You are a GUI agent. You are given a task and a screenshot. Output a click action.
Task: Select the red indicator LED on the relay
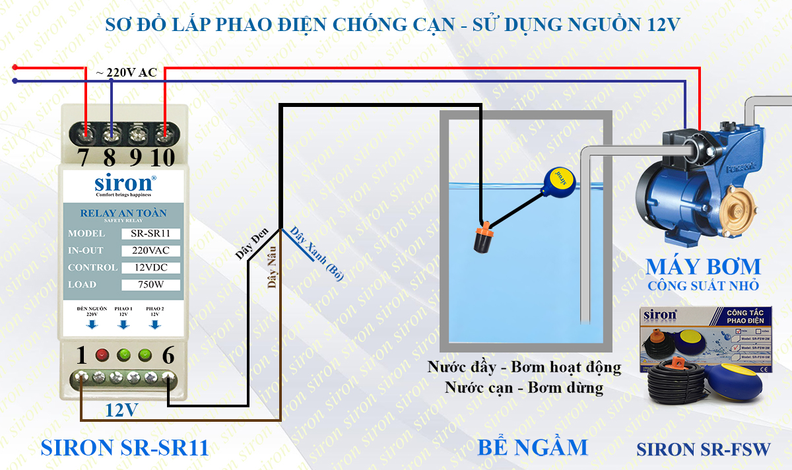pos(102,356)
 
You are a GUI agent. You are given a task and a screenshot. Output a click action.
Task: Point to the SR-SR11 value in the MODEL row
pos(150,234)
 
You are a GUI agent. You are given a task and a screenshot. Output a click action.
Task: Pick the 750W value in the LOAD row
pos(150,285)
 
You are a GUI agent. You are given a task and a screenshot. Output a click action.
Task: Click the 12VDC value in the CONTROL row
pos(150,268)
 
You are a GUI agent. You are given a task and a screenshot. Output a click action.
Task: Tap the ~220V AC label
pos(127,73)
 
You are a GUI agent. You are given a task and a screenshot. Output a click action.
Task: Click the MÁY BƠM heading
pos(702,267)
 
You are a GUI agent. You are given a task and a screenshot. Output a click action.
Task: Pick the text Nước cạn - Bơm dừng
pos(523,387)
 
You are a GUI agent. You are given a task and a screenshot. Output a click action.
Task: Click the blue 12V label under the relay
pos(122,411)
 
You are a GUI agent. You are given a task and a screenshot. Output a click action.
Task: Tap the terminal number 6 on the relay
pos(168,356)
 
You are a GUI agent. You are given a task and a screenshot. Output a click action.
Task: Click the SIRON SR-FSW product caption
pos(703,450)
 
